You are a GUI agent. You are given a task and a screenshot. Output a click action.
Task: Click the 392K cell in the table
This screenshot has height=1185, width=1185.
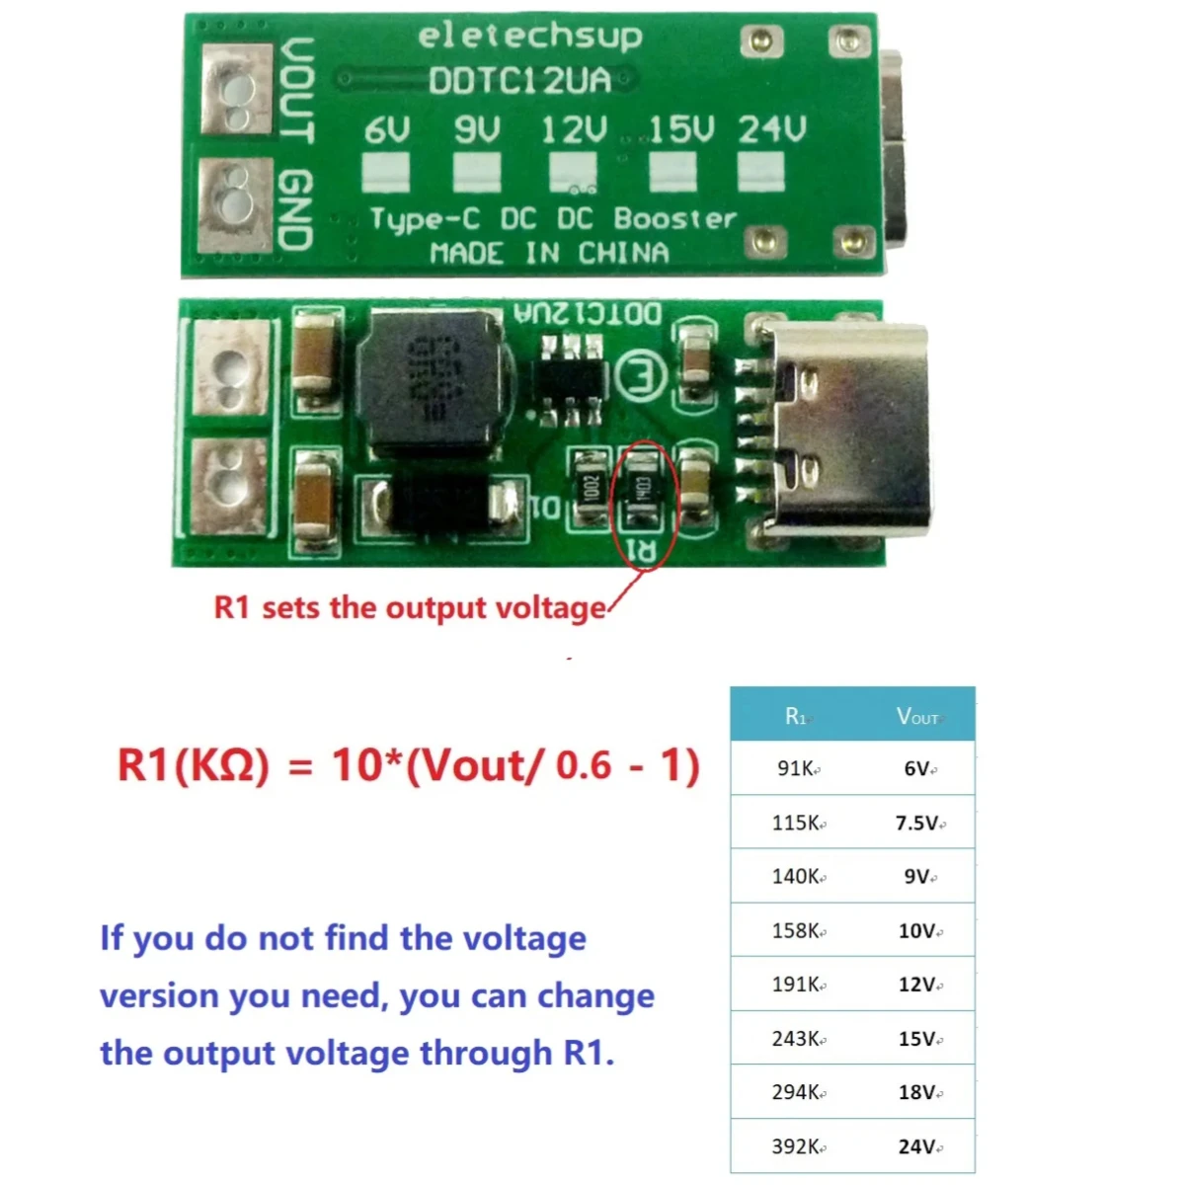click(x=797, y=1146)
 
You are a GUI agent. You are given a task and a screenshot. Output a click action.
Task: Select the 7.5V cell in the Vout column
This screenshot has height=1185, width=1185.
click(x=917, y=823)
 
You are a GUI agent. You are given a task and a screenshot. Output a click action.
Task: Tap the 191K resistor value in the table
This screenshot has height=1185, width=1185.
click(x=797, y=985)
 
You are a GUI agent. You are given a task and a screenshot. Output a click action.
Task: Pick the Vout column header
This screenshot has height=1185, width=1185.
click(x=917, y=716)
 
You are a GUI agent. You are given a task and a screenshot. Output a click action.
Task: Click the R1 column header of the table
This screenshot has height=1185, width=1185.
click(x=796, y=716)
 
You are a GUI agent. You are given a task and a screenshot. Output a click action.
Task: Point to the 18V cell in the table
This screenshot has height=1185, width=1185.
click(x=917, y=1092)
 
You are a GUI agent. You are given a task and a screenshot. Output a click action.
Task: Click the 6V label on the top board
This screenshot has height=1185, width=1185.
click(x=386, y=130)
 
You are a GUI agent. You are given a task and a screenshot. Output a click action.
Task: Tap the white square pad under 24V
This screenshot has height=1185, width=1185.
click(x=761, y=173)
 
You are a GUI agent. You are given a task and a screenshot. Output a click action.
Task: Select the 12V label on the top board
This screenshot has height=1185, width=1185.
click(x=573, y=130)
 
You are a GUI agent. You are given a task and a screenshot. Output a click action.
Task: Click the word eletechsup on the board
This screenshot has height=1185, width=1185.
click(x=529, y=37)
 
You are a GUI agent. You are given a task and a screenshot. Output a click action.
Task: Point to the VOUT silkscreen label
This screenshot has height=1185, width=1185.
click(x=296, y=89)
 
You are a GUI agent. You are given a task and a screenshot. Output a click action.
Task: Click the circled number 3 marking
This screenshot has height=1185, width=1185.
click(x=640, y=376)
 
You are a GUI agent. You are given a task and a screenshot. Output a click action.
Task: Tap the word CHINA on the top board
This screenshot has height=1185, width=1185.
click(x=623, y=254)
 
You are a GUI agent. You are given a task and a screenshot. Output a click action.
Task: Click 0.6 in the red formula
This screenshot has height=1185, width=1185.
click(x=584, y=765)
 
